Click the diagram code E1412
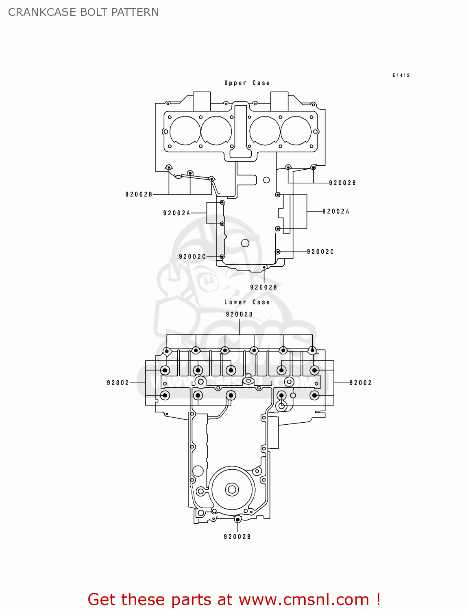click(x=401, y=76)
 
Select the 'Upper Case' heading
click(x=247, y=83)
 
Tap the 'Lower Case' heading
click(x=247, y=302)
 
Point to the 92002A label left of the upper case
click(x=176, y=213)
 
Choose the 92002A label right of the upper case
click(x=335, y=211)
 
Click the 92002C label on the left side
click(x=192, y=257)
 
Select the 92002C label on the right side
click(x=320, y=252)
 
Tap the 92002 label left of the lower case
click(x=118, y=383)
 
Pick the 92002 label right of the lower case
click(x=360, y=383)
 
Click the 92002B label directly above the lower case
click(x=239, y=314)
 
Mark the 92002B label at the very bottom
click(x=237, y=537)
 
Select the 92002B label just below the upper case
click(x=263, y=287)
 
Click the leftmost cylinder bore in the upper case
click(x=185, y=131)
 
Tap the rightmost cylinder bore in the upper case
click(x=296, y=131)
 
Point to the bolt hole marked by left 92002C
click(x=222, y=257)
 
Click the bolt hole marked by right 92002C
click(x=277, y=252)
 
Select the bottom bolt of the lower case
click(x=237, y=519)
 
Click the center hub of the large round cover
click(x=232, y=490)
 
